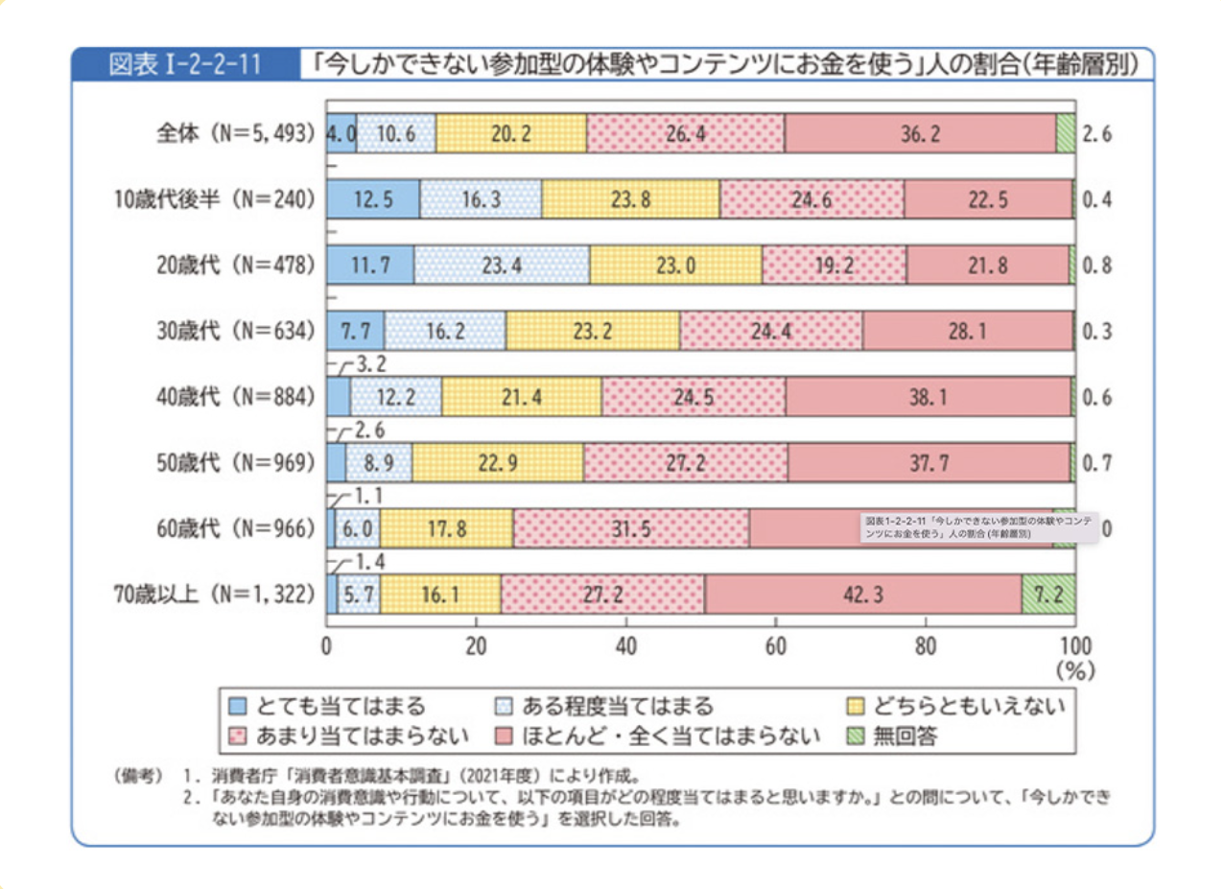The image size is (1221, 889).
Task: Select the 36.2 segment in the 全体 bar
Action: coord(919,133)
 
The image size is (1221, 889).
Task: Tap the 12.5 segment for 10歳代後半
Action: coord(373,199)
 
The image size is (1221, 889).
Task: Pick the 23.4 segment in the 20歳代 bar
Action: coord(502,266)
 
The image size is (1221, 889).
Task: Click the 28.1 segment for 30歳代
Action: coord(968,331)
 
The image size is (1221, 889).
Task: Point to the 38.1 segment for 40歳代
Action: coord(927,397)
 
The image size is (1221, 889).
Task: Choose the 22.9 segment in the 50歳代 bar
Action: coord(498,463)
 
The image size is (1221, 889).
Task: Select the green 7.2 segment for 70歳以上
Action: coord(1047,595)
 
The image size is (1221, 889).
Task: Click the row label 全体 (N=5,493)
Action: coord(236,133)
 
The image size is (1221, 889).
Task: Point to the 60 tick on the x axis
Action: coord(776,644)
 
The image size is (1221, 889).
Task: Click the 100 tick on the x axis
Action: coord(1073,644)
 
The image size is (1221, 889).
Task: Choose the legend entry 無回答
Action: coord(902,737)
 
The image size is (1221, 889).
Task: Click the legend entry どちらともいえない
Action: coord(967,707)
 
